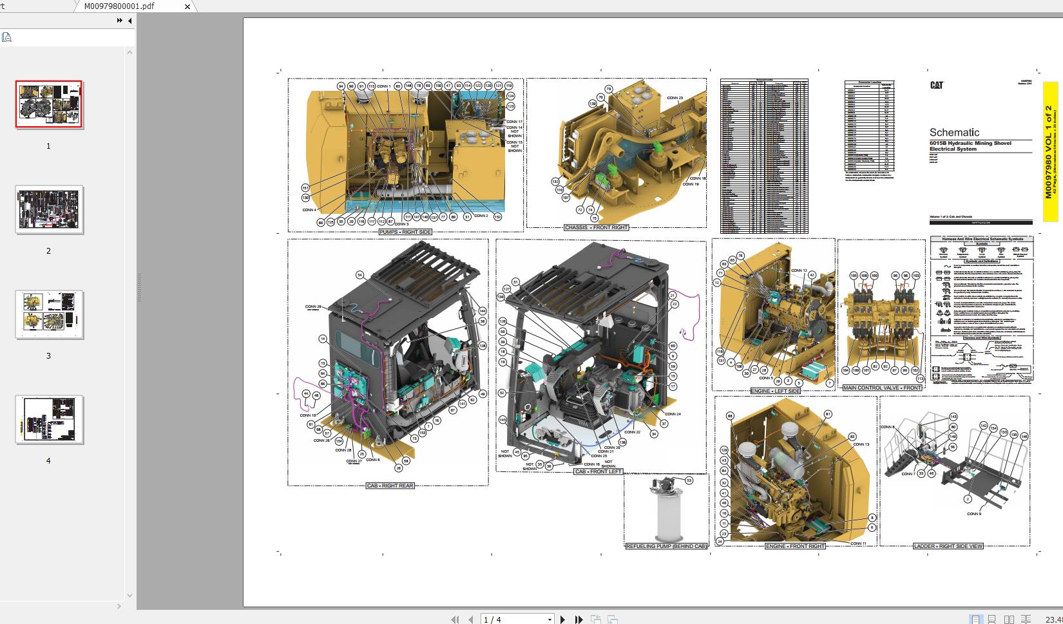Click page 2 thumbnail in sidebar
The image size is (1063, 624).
[x=49, y=210]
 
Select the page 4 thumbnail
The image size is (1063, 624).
[x=49, y=419]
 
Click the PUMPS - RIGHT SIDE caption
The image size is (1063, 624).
[x=405, y=232]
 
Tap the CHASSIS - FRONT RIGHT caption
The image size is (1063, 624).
[x=596, y=227]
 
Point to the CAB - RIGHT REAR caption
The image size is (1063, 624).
[x=390, y=486]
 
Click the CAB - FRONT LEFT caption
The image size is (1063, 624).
[x=599, y=471]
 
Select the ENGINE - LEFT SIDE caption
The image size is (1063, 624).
[x=776, y=391]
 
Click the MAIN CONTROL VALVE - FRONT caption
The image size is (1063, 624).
[x=882, y=388]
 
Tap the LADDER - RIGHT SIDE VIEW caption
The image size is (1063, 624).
[x=948, y=546]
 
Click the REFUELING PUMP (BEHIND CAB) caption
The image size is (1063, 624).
[x=666, y=546]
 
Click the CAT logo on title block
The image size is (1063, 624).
[x=937, y=85]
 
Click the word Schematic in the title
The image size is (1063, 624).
[x=954, y=132]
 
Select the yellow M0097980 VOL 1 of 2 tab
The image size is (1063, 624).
[x=1049, y=151]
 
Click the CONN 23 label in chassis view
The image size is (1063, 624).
[x=675, y=98]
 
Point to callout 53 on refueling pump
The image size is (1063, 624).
[x=689, y=480]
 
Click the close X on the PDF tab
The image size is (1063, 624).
[x=187, y=6]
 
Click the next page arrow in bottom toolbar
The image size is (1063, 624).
[x=562, y=619]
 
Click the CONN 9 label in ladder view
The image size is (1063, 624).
[x=973, y=514]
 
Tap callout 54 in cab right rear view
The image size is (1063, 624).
[x=359, y=275]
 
